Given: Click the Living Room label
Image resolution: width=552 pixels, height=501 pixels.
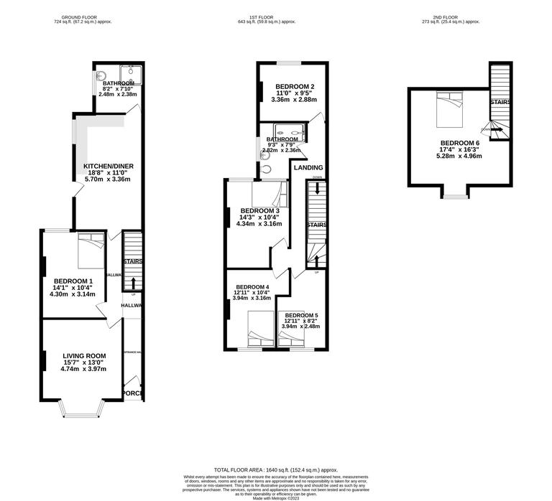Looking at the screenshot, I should [x=84, y=355].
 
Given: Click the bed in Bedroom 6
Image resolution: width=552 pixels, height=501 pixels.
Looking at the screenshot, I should [x=451, y=112].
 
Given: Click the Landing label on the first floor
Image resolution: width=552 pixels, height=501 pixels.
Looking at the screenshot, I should [x=308, y=167].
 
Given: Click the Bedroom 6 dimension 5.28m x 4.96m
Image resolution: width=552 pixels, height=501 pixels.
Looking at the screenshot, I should [x=451, y=158].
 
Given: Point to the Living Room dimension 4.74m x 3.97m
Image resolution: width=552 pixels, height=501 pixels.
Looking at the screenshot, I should [x=83, y=369].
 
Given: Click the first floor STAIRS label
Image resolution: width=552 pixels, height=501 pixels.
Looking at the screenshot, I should [x=317, y=225].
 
